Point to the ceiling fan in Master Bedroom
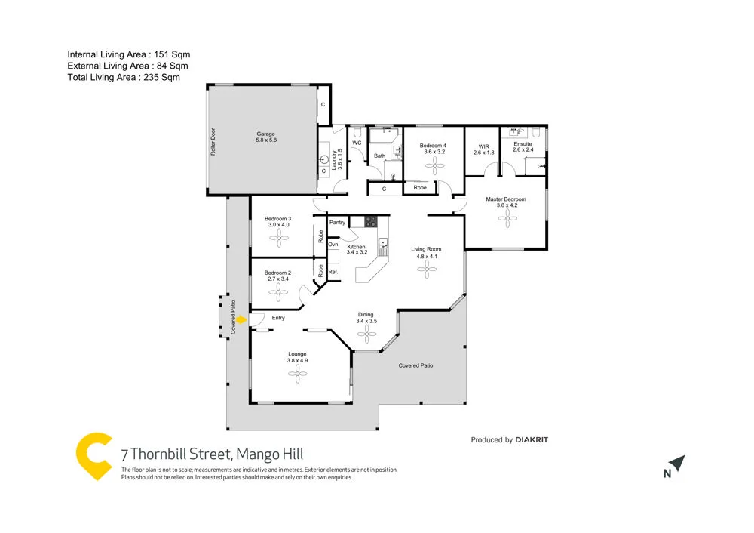point(505,218)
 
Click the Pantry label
point(337,223)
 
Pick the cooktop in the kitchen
point(371,222)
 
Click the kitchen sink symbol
point(383,244)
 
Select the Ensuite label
point(523,144)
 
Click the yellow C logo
point(94,455)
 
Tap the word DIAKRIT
point(532,440)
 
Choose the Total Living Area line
point(124,77)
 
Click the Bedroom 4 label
point(434,146)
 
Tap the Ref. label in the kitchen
point(333,271)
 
